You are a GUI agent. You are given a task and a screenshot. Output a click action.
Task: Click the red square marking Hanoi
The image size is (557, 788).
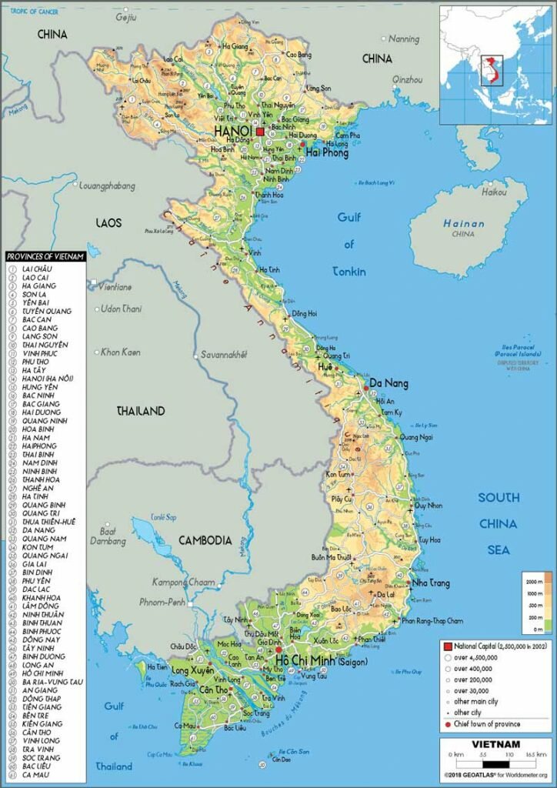260,132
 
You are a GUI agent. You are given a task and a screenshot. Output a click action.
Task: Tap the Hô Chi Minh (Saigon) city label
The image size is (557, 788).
322,661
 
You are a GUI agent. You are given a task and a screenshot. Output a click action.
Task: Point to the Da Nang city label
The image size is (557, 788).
389,383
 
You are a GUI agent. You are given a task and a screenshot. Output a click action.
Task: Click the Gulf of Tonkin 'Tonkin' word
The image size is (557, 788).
349,272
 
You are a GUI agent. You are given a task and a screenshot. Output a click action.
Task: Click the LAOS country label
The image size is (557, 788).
108,222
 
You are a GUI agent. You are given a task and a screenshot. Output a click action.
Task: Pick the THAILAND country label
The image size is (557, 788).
141,411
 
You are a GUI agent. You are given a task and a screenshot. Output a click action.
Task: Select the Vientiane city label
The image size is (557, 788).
114,287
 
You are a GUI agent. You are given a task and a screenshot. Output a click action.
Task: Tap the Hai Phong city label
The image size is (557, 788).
327,152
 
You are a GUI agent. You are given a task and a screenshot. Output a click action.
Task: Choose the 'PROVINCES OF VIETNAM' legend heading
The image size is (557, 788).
45,256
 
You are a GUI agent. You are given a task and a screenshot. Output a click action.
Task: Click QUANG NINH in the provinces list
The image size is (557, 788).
45,421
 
